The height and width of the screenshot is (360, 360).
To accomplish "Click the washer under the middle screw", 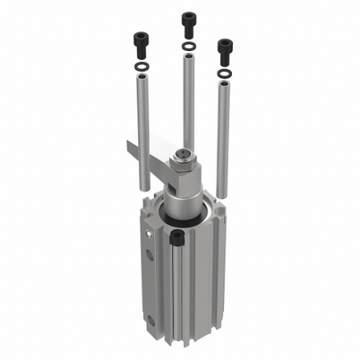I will pyautogui.click(x=189, y=47).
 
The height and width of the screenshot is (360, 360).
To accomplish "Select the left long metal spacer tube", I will pyautogui.click(x=142, y=134).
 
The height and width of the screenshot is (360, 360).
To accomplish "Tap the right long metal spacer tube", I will pyautogui.click(x=226, y=141).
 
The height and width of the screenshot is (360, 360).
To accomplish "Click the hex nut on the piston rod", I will pyautogui.click(x=185, y=167).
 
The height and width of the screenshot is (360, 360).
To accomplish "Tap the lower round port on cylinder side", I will pyautogui.click(x=149, y=319).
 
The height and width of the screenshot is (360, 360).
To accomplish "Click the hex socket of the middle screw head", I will pyautogui.click(x=189, y=15).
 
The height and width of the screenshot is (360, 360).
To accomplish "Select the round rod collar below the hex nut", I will pyautogui.click(x=184, y=197).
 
